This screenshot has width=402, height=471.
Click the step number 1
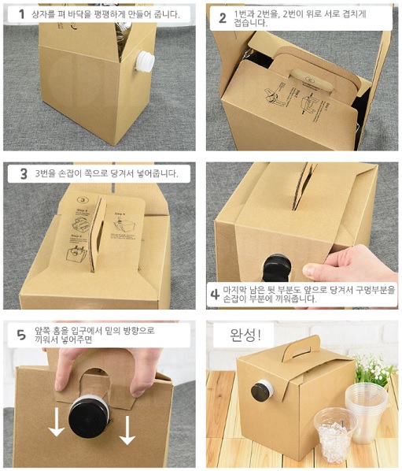click(21, 14)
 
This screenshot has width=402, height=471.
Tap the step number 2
click(223, 18)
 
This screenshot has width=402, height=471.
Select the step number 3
click(24, 173)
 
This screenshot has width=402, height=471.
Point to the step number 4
click(215, 295)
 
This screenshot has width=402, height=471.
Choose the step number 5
click(21, 335)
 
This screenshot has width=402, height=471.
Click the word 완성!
click(245, 335)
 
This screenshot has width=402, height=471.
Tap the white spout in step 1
click(145, 61)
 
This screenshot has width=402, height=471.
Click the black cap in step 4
click(277, 268)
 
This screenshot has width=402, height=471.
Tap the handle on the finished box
click(301, 348)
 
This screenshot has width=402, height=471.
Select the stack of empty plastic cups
click(367, 413)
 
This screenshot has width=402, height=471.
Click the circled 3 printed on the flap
click(82, 199)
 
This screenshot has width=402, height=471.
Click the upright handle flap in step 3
click(98, 234)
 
